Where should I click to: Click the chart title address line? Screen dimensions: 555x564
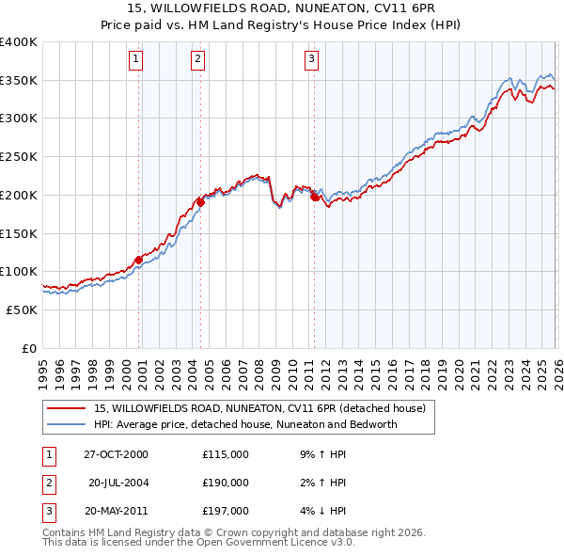pyautogui.click(x=282, y=8)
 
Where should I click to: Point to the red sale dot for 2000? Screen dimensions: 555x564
pyautogui.click(x=138, y=259)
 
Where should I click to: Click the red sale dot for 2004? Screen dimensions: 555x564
pyautogui.click(x=200, y=201)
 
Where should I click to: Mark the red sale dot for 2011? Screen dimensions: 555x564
pyautogui.click(x=314, y=197)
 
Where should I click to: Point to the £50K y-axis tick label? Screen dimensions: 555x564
pyautogui.click(x=23, y=309)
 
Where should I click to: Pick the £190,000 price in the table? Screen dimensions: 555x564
pyautogui.click(x=225, y=483)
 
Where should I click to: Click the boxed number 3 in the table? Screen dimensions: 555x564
pyautogui.click(x=47, y=511)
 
